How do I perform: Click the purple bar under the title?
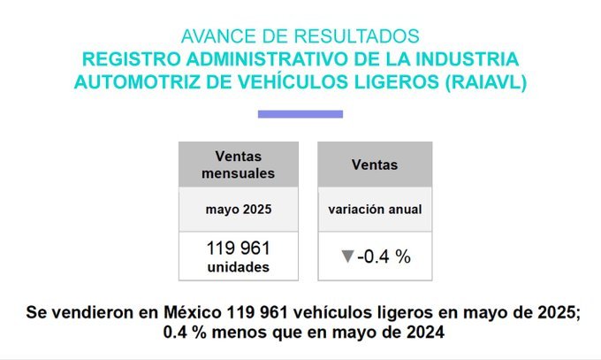pos(300,114)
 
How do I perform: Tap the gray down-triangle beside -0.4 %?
pos(347,257)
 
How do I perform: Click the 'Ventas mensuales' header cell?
pos(239,165)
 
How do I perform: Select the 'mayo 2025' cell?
pos(239,211)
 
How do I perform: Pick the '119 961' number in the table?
pos(239,249)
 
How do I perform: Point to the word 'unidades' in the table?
pos(239,266)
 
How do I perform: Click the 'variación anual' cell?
pos(375,211)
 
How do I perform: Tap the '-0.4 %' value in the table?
pos(384,257)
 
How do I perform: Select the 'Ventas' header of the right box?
pos(375,165)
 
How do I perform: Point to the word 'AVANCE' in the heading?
pos(212,37)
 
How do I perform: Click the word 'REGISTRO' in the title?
pos(121,59)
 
